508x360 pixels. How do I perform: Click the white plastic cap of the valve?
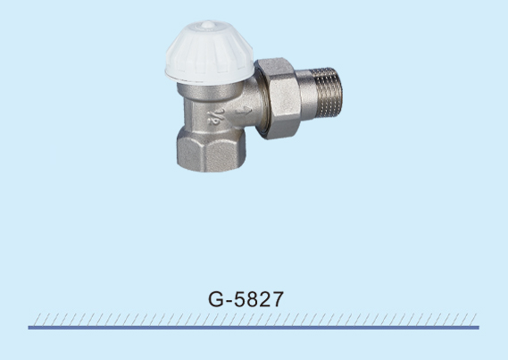(209, 52)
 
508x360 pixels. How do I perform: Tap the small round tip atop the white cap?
(208, 24)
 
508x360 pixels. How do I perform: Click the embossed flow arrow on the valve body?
(244, 111)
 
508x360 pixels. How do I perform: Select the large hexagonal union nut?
(278, 98)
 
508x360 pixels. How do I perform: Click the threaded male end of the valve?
(329, 93)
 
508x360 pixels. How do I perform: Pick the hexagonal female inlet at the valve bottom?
(212, 149)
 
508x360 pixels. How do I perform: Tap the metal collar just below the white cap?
(210, 90)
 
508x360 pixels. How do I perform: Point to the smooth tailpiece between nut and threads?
(306, 94)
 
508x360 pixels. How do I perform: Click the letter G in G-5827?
(216, 299)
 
